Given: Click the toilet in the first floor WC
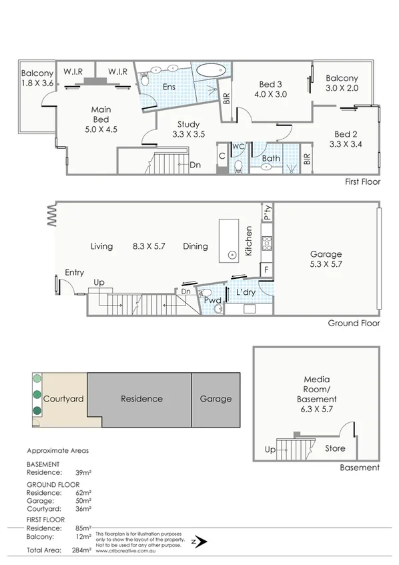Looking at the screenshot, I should click(238, 165).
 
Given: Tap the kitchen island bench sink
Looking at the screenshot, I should click(232, 255).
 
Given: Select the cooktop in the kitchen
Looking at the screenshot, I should click(267, 243).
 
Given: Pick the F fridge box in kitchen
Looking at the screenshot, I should click(267, 269).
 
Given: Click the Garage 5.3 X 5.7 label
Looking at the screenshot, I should click(326, 259).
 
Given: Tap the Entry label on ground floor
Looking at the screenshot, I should click(74, 272).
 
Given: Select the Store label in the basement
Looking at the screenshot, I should click(335, 448).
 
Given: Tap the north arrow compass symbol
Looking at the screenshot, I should click(197, 541).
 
